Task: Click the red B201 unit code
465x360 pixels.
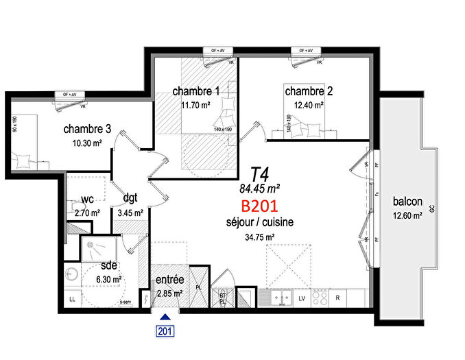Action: [259, 206]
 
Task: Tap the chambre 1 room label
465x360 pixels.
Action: [196, 91]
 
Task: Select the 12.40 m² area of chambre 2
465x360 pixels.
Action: [310, 106]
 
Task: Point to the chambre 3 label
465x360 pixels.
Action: [88, 129]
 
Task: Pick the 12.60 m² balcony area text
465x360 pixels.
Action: [408, 216]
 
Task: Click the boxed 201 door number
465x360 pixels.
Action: [165, 331]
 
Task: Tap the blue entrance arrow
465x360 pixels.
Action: [165, 317]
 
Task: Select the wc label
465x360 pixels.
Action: [87, 200]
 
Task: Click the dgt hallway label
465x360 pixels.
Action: [130, 197]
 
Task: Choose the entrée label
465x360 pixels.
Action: [169, 280]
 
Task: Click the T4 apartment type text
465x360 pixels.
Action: [259, 172]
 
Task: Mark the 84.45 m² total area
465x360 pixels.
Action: [259, 187]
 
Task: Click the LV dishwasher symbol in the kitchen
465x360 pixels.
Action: [301, 298]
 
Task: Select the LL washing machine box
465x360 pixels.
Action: [72, 299]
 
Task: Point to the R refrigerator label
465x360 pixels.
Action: [338, 298]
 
